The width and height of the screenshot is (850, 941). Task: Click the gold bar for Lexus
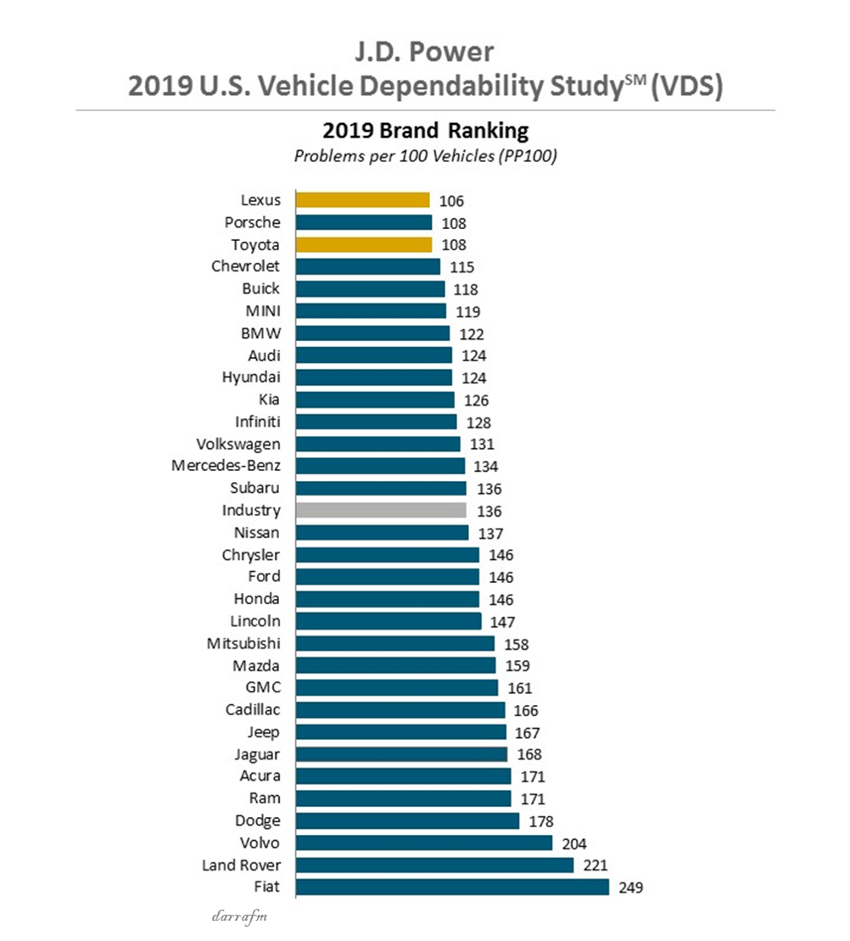pos(362,200)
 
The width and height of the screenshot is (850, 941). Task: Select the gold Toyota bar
pos(363,244)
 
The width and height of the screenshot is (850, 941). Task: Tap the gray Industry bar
pos(381,510)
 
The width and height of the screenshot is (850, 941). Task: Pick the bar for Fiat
pos(452,887)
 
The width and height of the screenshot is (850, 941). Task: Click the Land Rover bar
pos(434,865)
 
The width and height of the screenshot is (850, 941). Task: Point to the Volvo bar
pos(424,843)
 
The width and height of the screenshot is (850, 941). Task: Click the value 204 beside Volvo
pos(573,843)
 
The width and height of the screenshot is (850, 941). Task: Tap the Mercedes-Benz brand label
pos(226,466)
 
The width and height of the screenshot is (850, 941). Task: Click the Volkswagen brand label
pos(238,444)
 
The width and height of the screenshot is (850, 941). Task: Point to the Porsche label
pos(252,222)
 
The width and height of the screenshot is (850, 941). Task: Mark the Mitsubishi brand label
pos(243,643)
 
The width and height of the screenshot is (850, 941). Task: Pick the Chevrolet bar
pos(367,266)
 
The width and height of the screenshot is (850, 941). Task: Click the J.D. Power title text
pos(424,52)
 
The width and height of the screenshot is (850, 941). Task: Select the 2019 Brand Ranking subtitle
pos(425,132)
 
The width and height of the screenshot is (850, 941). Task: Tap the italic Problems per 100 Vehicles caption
pos(425,156)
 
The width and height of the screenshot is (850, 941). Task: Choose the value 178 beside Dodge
pos(540,821)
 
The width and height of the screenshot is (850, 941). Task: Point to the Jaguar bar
pos(401,754)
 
